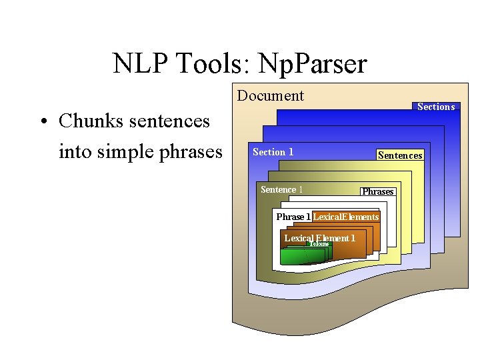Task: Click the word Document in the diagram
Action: click(x=270, y=96)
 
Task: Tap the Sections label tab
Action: click(x=435, y=107)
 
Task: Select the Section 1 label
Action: click(x=273, y=152)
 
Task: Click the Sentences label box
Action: click(x=400, y=155)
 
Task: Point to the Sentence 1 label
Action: click(x=281, y=190)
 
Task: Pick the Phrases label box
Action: click(x=377, y=192)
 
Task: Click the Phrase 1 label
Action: click(x=293, y=217)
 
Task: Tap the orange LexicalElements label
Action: click(x=346, y=217)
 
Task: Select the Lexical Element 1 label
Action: click(x=319, y=238)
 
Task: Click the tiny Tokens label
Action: click(x=319, y=244)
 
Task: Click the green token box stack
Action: click(x=296, y=256)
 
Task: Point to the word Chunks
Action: click(x=87, y=121)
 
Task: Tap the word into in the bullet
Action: click(x=74, y=152)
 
